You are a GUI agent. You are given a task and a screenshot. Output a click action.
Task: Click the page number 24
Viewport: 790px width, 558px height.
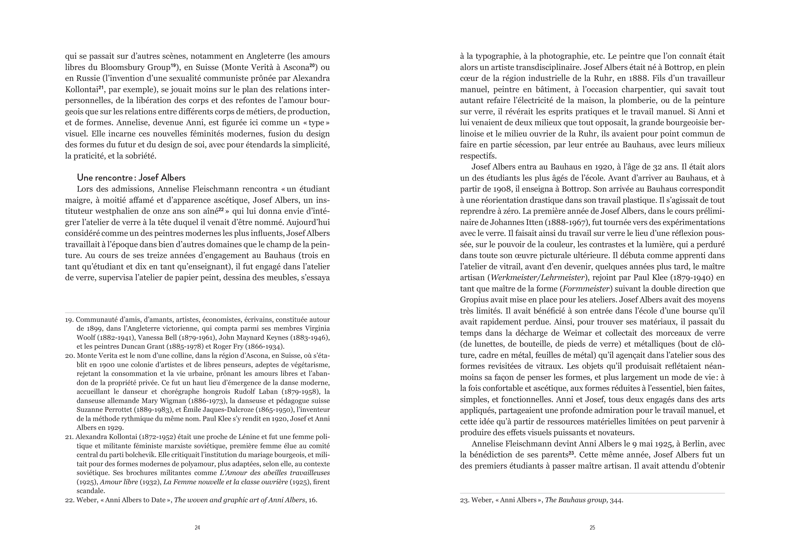click(x=197, y=527)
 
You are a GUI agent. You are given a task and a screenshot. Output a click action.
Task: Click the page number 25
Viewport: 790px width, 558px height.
click(x=592, y=527)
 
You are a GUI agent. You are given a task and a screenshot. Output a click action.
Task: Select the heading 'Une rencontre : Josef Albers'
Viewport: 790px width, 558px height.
click(x=131, y=178)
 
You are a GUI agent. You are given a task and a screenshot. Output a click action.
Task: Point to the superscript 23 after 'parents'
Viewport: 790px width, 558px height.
click(x=571, y=453)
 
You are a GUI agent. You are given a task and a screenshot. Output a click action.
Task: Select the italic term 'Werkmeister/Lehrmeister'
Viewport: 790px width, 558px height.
click(x=537, y=278)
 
